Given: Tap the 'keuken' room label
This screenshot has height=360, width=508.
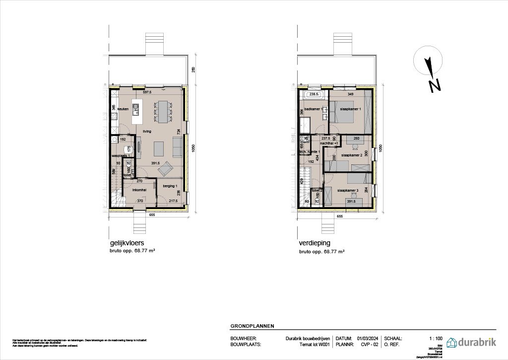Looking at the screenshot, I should (x=123, y=108).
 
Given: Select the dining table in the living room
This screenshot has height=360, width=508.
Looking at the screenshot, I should (x=163, y=112).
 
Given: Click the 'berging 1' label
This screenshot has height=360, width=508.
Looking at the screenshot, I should (x=170, y=185).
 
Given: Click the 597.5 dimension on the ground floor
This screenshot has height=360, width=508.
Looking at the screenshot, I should (x=147, y=92).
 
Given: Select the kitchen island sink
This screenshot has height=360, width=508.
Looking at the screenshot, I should (x=135, y=107).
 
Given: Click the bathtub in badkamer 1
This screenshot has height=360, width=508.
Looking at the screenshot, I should (x=314, y=94).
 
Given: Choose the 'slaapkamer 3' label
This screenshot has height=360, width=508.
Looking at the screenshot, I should (x=347, y=190).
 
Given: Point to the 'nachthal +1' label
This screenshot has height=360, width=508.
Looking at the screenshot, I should (x=329, y=144).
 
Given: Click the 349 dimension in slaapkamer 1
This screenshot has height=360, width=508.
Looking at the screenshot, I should (x=351, y=94).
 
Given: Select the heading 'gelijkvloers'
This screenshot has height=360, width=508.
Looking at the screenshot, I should (x=127, y=243).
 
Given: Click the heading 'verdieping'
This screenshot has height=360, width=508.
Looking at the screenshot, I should (x=314, y=243).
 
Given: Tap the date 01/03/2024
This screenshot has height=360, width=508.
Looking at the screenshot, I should (x=367, y=338).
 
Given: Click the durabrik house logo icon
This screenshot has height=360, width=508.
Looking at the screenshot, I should (x=453, y=342).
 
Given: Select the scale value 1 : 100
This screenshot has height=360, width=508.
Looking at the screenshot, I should (x=435, y=338).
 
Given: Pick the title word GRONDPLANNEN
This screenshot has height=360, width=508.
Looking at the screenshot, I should (x=252, y=326).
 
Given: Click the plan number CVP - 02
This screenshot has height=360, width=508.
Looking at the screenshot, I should (x=370, y=344).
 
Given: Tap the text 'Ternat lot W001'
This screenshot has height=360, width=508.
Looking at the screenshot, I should (x=316, y=344).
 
